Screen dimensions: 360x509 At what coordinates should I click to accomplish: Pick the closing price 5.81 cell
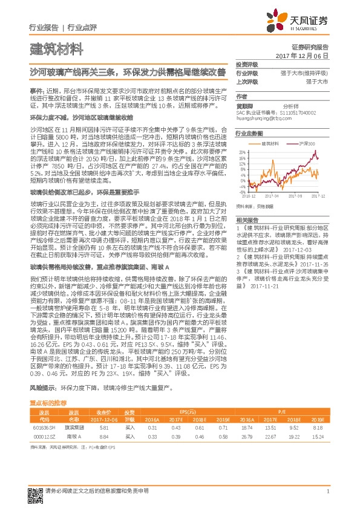click(103, 427)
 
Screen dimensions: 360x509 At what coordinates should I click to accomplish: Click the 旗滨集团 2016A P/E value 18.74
click(246, 427)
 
